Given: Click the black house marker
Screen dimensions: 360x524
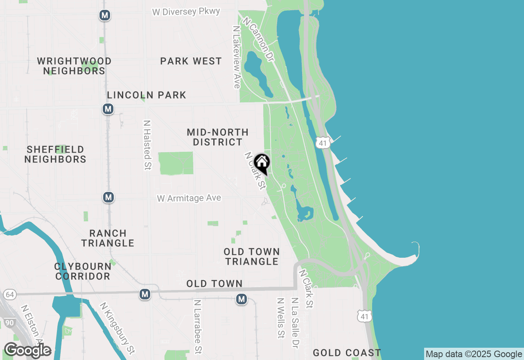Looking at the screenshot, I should (262, 163).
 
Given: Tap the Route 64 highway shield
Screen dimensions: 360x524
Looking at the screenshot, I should (10, 295).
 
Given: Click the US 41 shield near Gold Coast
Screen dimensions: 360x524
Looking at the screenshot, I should (364, 316).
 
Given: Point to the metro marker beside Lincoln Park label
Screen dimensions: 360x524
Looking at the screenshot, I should (108, 109).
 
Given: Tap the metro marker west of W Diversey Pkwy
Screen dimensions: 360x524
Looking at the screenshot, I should (105, 16).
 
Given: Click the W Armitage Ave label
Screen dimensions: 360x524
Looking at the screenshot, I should (189, 198).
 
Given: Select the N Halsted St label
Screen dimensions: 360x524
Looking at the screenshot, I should (147, 145).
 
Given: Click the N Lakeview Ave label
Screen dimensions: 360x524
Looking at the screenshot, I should (236, 57).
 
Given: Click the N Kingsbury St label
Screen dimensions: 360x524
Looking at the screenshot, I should (117, 328).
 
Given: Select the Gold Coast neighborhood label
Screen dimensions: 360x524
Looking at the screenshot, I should (347, 353).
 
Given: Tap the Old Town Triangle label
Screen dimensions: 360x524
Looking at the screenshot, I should (252, 256).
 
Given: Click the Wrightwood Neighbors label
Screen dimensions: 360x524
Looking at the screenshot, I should (74, 66).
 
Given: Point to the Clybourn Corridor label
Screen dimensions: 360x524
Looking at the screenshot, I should (83, 271).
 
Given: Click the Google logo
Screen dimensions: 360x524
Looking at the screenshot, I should (27, 350).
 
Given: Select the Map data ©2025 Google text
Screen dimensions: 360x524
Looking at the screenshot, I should (474, 354).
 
